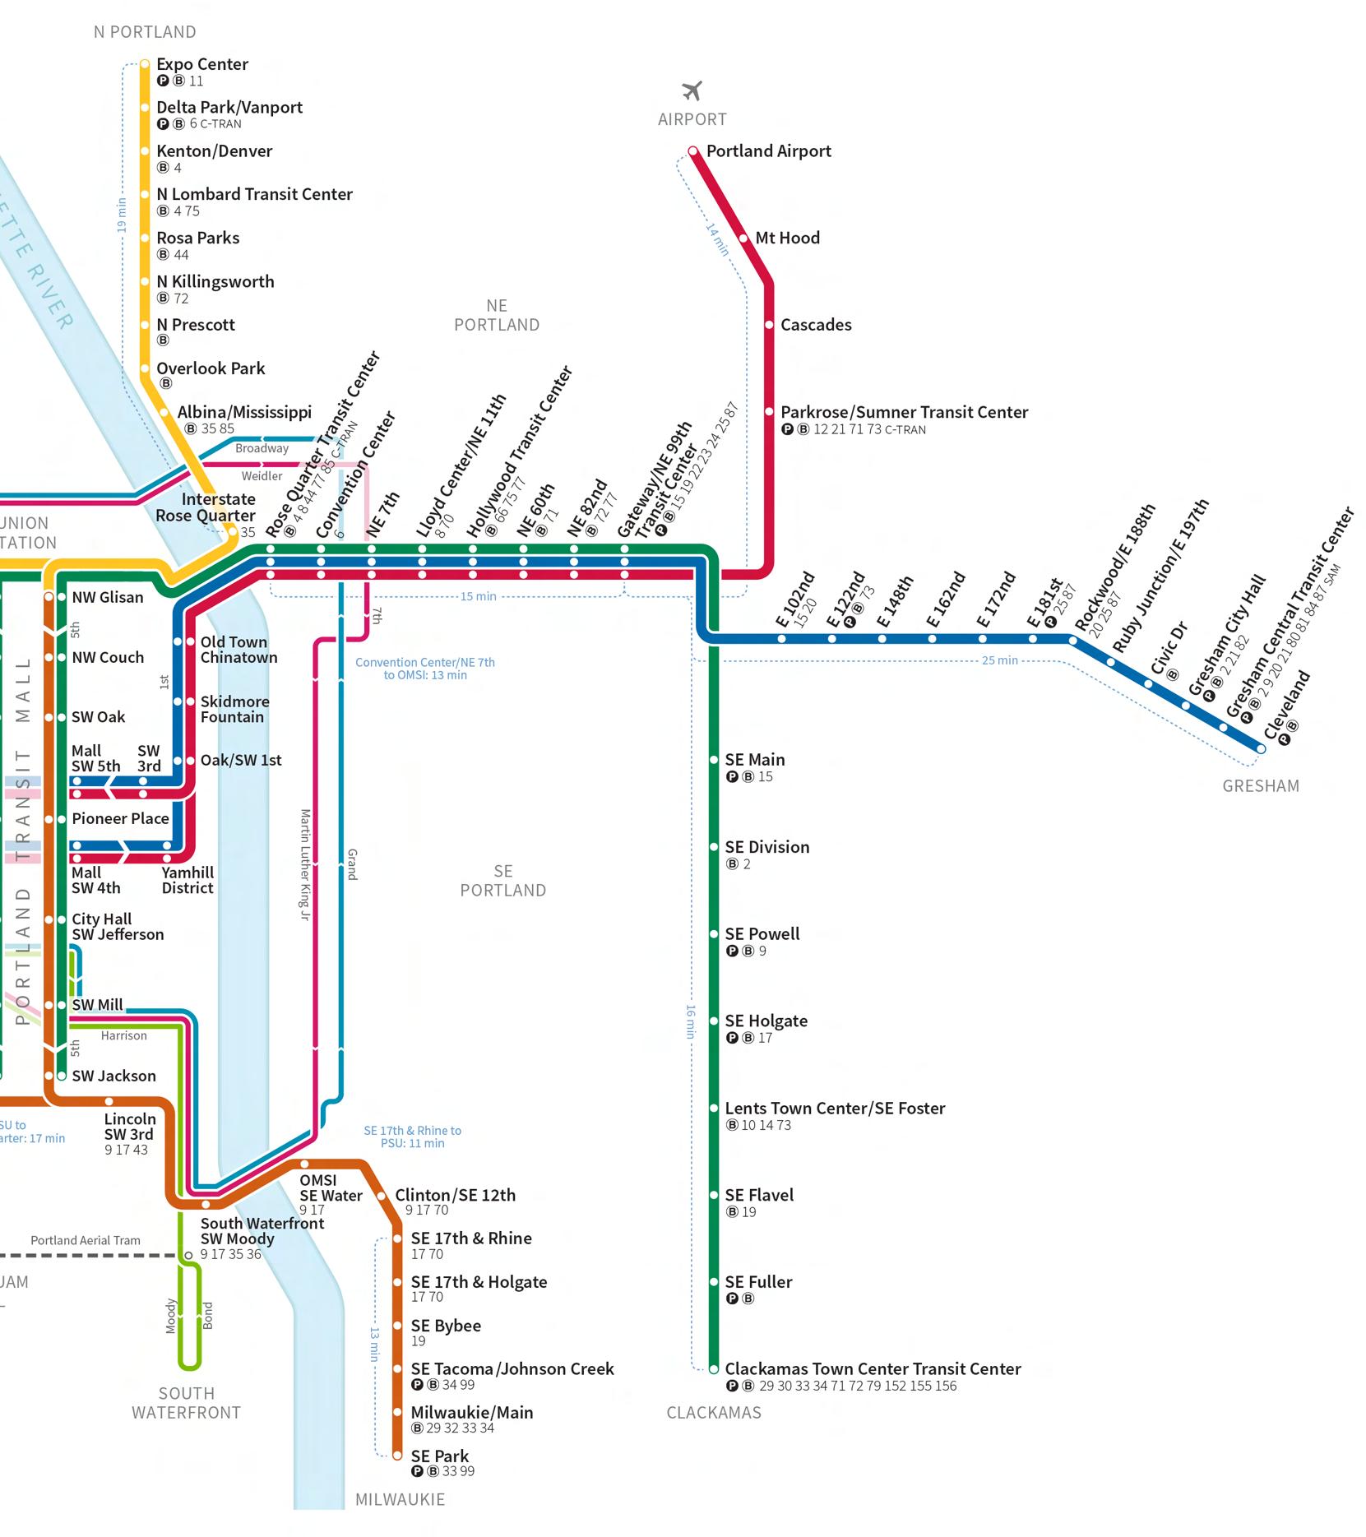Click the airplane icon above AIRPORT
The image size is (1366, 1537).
click(x=692, y=90)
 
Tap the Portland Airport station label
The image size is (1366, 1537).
click(x=768, y=151)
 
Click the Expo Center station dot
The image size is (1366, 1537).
click(x=145, y=64)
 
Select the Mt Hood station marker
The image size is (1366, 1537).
click(x=743, y=238)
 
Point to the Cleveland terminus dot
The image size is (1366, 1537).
click(x=1261, y=748)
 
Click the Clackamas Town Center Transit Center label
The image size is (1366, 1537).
click(x=873, y=1369)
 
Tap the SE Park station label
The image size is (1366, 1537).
click(x=439, y=1456)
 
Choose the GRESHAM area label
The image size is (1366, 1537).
click(x=1260, y=786)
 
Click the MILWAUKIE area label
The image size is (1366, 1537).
click(x=400, y=1500)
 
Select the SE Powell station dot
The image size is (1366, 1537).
click(x=714, y=934)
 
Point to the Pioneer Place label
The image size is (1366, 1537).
click(x=120, y=819)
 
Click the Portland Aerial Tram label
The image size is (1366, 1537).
click(x=86, y=1240)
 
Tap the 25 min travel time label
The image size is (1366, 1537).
click(x=999, y=660)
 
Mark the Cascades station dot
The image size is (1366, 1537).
click(x=769, y=325)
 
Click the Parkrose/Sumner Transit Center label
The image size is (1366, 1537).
click(x=904, y=412)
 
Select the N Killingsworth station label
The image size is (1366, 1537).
click(x=215, y=282)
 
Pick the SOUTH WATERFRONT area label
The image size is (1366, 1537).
click(x=187, y=1403)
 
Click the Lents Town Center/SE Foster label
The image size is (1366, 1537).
click(x=835, y=1109)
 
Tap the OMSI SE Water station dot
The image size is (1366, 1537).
click(x=304, y=1164)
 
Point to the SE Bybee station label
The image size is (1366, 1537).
click(x=446, y=1326)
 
